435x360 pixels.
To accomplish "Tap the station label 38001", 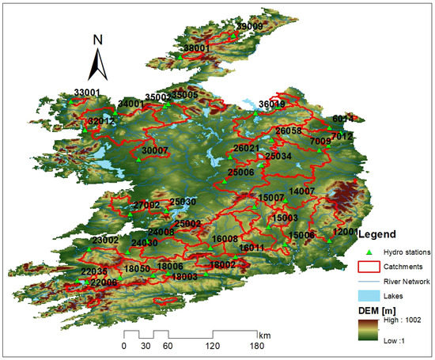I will pos(196,47).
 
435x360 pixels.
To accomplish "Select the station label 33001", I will pos(87,93).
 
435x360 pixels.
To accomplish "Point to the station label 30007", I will pos(156,150).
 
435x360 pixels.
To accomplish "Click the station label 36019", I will pos(271,104).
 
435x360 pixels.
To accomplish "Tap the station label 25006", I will pos(240,172).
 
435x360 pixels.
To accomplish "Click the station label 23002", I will pos(105,240).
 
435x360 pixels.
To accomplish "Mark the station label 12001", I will pos(346,231).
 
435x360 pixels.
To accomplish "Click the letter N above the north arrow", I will pos(97,40).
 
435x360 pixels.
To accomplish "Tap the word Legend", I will pos(383,234).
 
